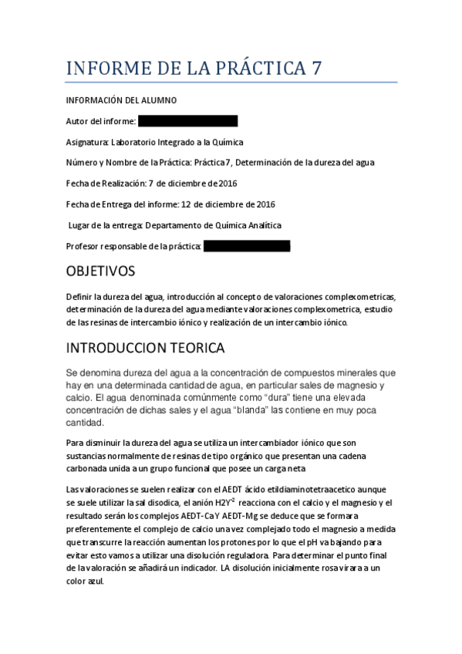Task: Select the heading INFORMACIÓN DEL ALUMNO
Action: (121, 100)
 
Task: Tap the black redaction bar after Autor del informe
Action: (188, 121)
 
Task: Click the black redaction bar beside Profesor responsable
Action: (247, 246)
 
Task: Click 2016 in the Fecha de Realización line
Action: (228, 184)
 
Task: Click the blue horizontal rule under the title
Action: (231, 83)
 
